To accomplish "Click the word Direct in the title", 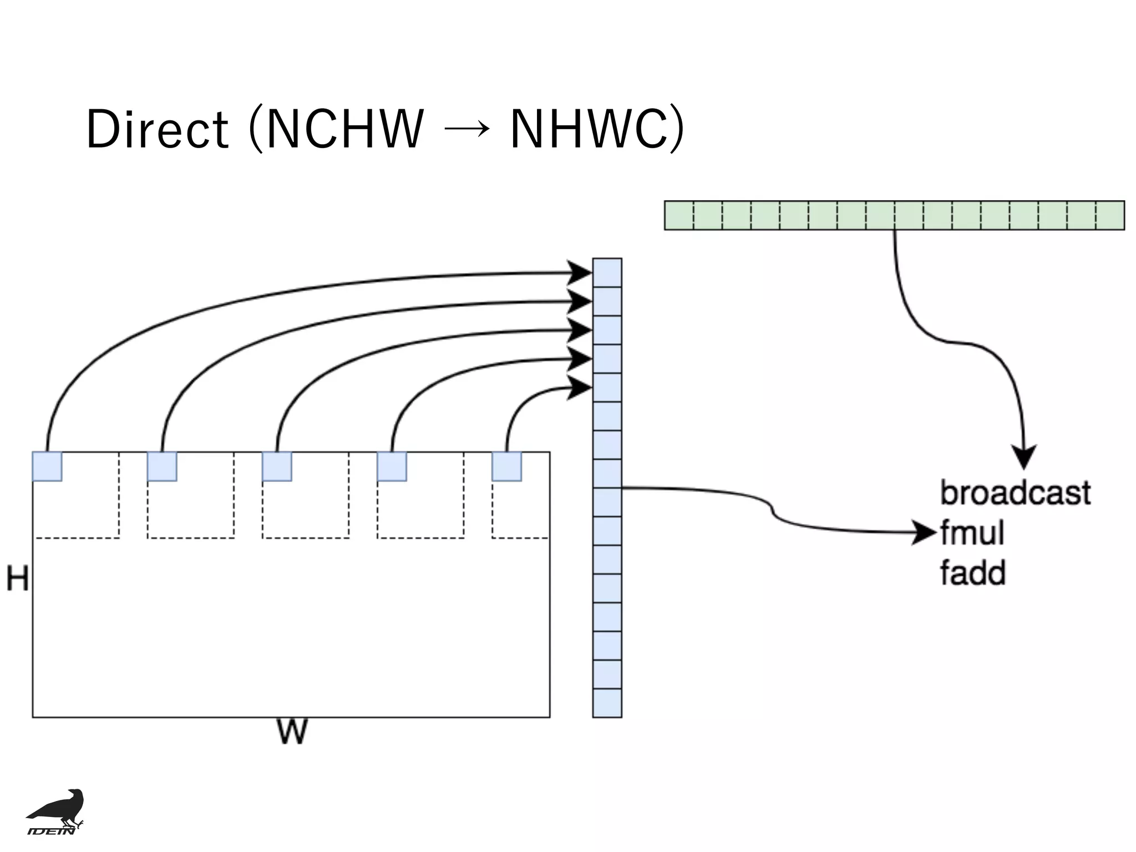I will (x=157, y=129).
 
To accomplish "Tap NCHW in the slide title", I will (x=344, y=129).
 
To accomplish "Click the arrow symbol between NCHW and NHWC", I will (x=467, y=129).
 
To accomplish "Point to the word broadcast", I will (x=1015, y=493).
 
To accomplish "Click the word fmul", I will (x=972, y=533).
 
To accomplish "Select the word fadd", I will (x=972, y=573).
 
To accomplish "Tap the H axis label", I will (x=17, y=579).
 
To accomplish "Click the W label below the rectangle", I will (x=291, y=732).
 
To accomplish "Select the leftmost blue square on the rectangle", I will (x=47, y=466).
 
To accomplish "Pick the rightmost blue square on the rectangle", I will (x=506, y=466).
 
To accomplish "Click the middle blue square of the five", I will (x=277, y=466).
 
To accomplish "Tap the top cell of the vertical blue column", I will (x=607, y=272).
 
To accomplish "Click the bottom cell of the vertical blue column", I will (x=607, y=703).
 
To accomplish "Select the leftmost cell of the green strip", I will (x=679, y=215).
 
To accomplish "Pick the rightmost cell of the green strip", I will (x=1110, y=215).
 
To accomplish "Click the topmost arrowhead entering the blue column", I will (x=580, y=272).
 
